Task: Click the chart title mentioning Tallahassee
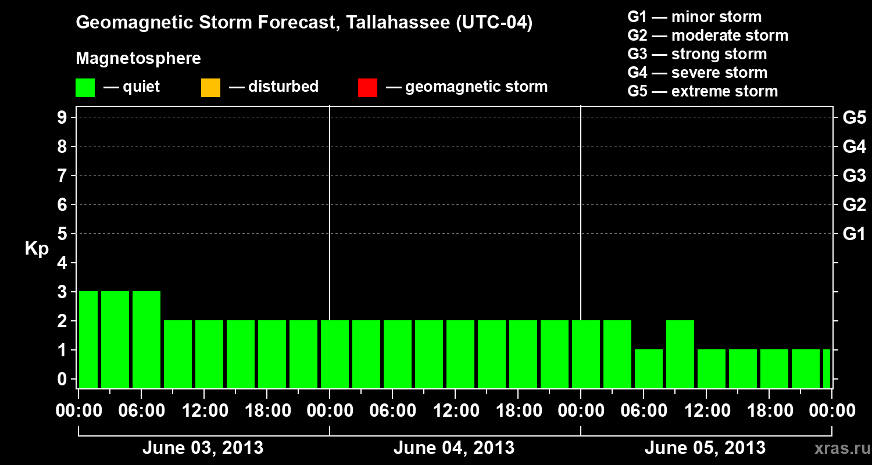(x=304, y=23)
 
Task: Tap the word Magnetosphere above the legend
(x=138, y=59)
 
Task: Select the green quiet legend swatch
(x=85, y=88)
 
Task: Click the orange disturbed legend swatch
(x=210, y=88)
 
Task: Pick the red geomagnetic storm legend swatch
(x=367, y=88)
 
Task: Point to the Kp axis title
(x=37, y=249)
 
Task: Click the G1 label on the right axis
(x=854, y=234)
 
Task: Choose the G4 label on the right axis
(x=854, y=147)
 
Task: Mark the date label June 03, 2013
(x=203, y=448)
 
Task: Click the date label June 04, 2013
(x=454, y=448)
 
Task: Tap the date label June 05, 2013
(x=705, y=448)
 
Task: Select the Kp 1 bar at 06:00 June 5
(x=649, y=369)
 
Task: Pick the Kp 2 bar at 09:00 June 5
(x=680, y=354)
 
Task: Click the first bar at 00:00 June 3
(x=88, y=339)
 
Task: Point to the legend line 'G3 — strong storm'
(x=697, y=54)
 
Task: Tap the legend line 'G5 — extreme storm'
(x=702, y=91)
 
